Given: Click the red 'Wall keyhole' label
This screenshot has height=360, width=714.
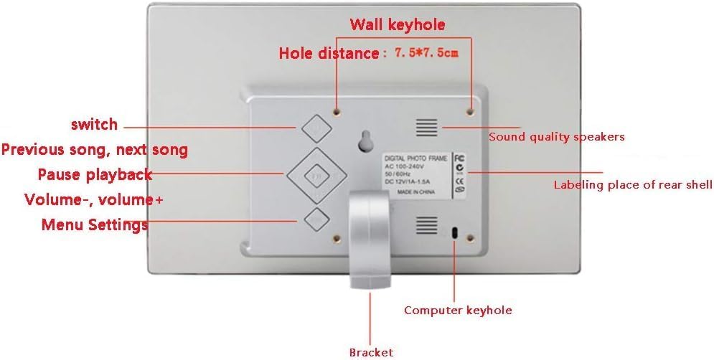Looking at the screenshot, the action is pyautogui.click(x=397, y=25).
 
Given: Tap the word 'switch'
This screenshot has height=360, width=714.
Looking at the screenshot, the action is pyautogui.click(x=94, y=125).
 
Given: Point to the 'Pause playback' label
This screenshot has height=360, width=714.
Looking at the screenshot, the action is pyautogui.click(x=94, y=174).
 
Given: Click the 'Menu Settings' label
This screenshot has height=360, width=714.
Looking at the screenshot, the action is pyautogui.click(x=94, y=224).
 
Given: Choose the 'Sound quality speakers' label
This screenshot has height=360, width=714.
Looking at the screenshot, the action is pyautogui.click(x=556, y=136).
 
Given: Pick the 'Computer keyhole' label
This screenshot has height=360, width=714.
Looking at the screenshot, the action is pyautogui.click(x=458, y=310).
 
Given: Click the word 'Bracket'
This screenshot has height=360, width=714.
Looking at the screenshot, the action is pyautogui.click(x=371, y=352).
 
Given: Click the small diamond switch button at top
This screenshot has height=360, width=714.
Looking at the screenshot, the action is pyautogui.click(x=316, y=128).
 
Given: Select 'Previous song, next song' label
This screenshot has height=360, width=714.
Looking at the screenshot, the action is pyautogui.click(x=94, y=150).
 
